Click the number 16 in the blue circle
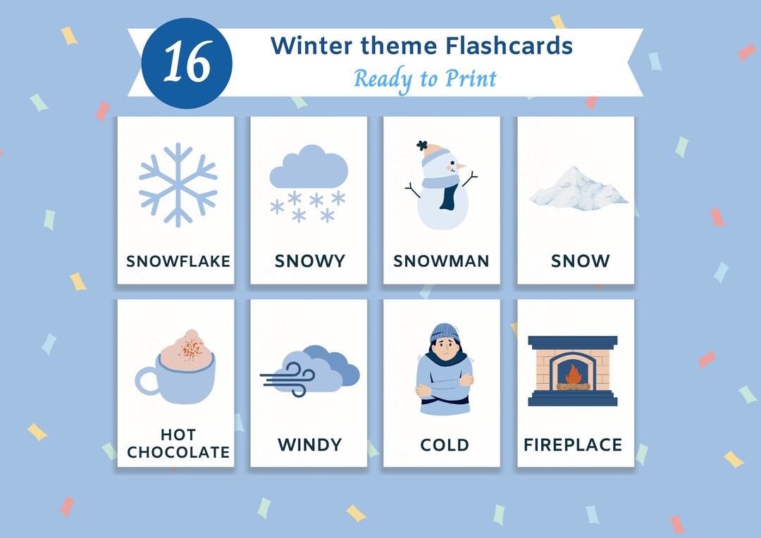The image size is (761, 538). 187,63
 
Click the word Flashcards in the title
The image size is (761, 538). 509,46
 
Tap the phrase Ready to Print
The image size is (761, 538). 425,78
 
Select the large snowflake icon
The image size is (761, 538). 178,185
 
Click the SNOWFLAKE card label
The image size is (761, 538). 178,261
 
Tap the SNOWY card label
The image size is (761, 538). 310,261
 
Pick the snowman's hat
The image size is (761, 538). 433,154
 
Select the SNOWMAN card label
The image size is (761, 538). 441,261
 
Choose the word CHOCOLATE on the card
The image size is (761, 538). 178,452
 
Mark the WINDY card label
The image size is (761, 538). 309,445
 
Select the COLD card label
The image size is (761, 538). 444,445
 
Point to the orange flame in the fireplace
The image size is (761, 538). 573,373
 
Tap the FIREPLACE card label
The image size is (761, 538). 573,445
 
